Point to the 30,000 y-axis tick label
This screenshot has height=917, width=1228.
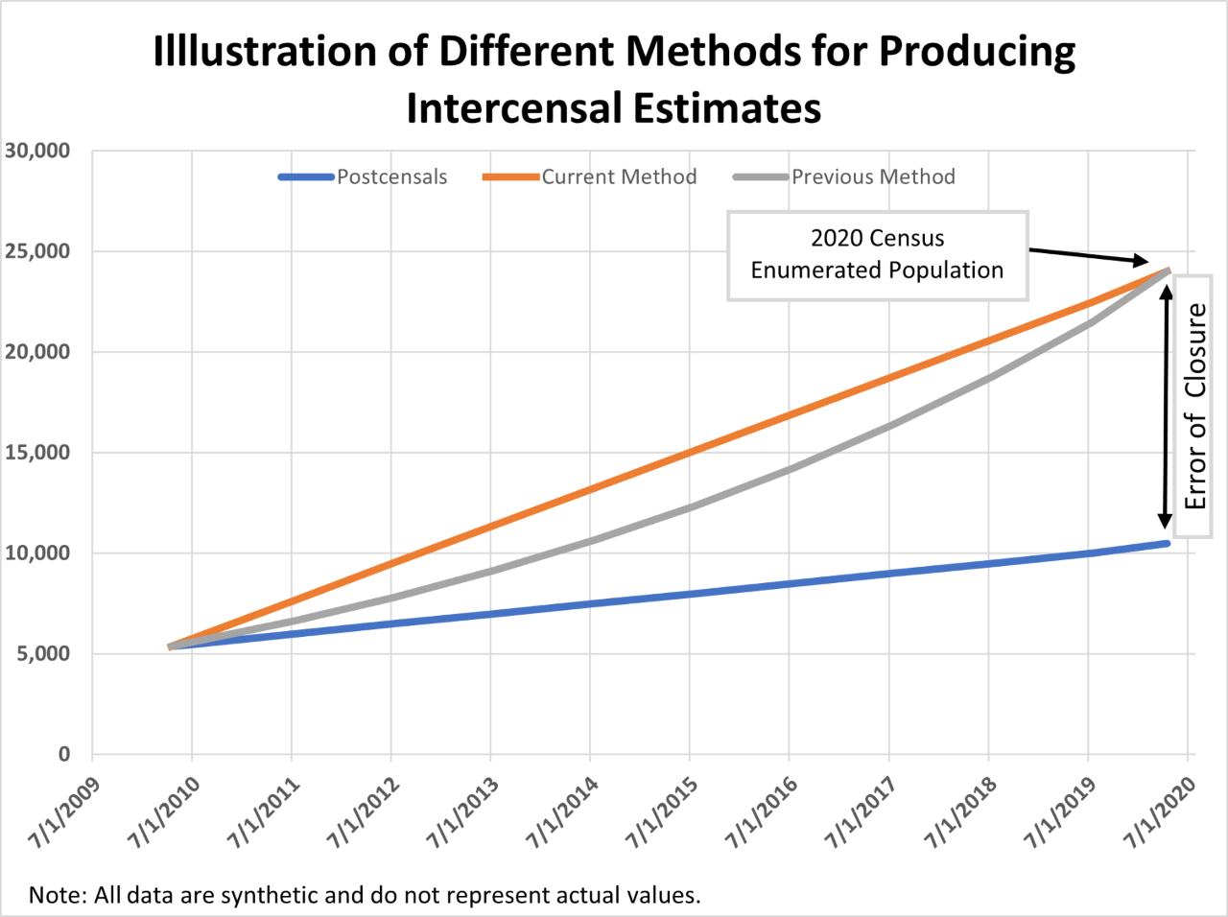pos(37,151)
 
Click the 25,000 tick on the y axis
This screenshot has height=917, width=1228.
pos(37,251)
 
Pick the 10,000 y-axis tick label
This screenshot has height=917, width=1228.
pos(37,553)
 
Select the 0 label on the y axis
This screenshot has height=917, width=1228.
pos(63,755)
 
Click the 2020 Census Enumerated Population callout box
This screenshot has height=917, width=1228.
pos(877,255)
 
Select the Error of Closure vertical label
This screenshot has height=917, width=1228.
pos(1195,406)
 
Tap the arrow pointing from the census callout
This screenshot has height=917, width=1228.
pos(1089,256)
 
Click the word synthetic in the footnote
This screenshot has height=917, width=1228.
pos(272,895)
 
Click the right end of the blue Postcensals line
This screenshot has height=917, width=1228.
pos(1167,544)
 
